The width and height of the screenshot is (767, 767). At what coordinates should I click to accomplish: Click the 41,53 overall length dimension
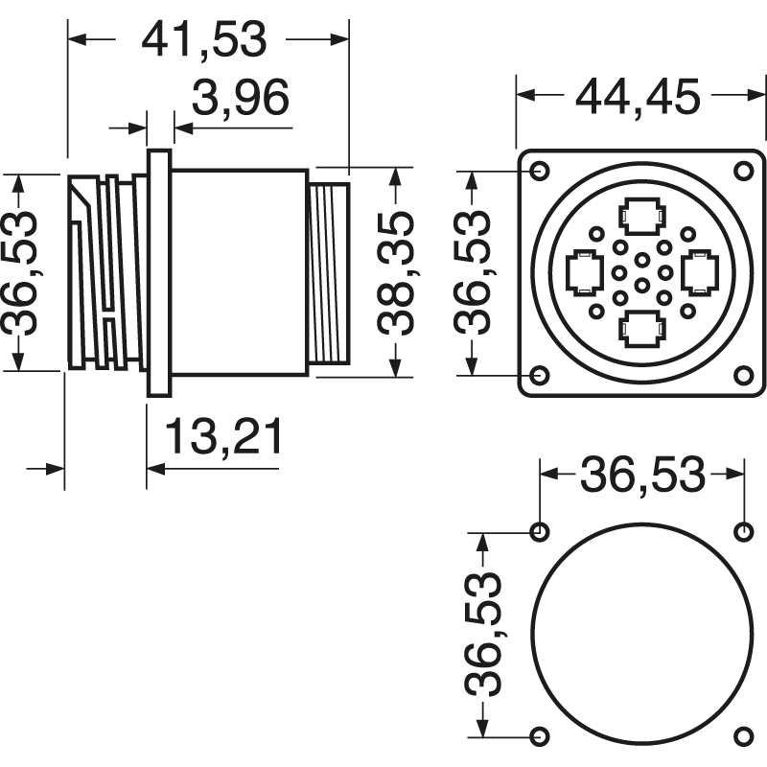point(203,39)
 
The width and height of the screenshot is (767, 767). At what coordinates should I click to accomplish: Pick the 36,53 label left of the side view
point(23,272)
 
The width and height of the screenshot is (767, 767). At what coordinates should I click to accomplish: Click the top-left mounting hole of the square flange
point(540,171)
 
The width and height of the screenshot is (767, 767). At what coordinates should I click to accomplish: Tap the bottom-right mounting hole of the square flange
point(743,375)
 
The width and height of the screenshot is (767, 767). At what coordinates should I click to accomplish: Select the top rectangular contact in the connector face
point(641,216)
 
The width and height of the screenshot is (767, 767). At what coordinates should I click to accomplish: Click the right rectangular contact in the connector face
point(699,272)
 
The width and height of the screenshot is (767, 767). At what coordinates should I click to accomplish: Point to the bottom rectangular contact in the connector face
point(641,330)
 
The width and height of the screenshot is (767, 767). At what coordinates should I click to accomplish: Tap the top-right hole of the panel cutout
point(743,531)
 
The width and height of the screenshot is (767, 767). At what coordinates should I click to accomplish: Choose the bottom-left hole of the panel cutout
point(540,735)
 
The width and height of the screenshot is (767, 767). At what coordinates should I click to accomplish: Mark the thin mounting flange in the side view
point(158,272)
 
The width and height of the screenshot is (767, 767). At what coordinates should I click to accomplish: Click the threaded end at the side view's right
point(329,273)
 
